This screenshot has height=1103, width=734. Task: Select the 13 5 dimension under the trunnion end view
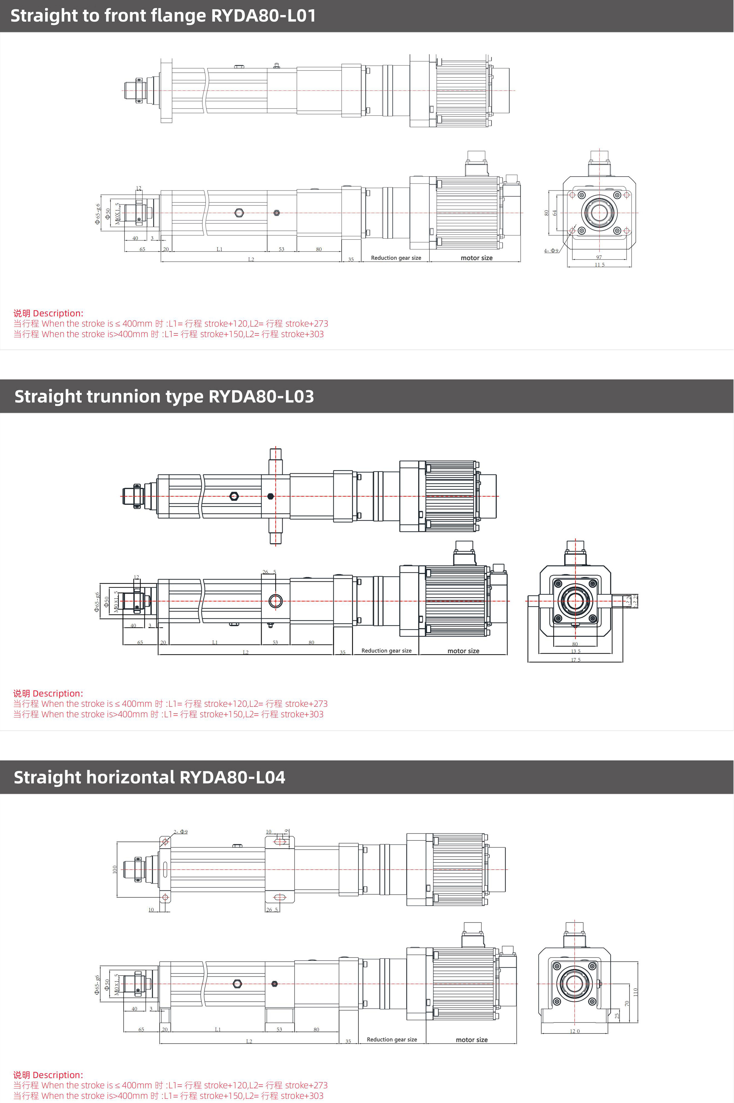575,651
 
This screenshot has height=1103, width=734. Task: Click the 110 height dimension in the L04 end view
635,991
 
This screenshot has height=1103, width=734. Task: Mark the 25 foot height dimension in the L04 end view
617,1016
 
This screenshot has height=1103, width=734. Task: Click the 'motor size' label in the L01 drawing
477,258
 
